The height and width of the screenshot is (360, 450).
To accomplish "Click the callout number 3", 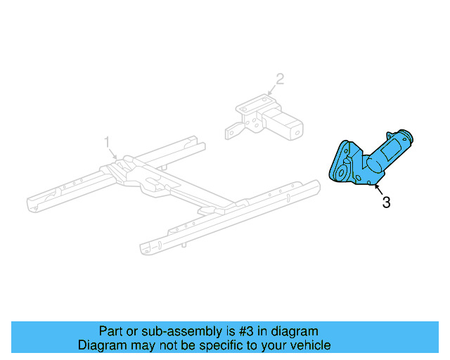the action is [x=386, y=202].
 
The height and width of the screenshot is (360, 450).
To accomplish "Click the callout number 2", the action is [x=280, y=79].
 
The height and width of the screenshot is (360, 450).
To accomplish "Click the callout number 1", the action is [x=108, y=141].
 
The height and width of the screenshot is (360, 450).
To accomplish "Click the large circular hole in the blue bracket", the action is [x=342, y=171].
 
